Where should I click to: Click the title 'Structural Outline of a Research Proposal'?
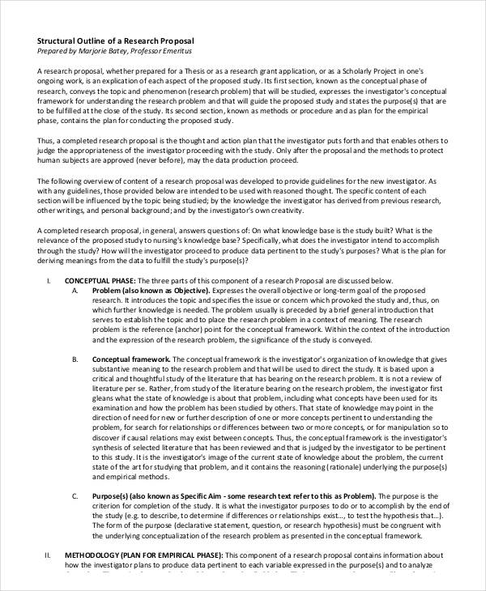[115, 40]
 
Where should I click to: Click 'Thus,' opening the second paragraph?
[47, 140]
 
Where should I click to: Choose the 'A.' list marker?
[75, 290]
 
